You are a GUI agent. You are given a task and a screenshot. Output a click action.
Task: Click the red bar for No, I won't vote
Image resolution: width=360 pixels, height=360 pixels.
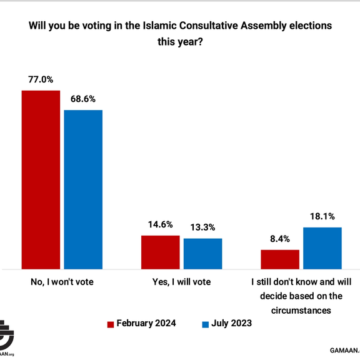click(41, 179)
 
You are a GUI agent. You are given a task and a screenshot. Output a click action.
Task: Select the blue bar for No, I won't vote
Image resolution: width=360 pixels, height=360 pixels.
click(83, 189)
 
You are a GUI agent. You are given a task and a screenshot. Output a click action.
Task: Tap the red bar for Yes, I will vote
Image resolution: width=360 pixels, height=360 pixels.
click(160, 252)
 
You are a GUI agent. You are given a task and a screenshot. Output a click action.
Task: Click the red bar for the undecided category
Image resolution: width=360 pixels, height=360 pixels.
click(280, 259)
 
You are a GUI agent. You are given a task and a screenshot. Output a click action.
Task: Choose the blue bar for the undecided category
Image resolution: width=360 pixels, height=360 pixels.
click(322, 247)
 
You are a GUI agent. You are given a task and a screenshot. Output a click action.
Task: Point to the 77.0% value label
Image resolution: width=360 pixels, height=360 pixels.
click(41, 79)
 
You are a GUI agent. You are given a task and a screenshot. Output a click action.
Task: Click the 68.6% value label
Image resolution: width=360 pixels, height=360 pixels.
click(82, 99)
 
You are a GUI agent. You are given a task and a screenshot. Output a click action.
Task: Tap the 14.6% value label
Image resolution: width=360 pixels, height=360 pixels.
click(160, 225)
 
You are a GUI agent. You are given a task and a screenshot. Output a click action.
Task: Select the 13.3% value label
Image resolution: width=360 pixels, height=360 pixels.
click(202, 227)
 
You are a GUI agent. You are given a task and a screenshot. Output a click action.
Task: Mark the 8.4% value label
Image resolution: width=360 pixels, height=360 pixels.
click(280, 239)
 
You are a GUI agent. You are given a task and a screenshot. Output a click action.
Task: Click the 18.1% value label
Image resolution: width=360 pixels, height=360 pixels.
click(322, 216)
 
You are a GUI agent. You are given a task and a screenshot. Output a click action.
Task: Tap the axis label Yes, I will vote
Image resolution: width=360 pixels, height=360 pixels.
click(181, 282)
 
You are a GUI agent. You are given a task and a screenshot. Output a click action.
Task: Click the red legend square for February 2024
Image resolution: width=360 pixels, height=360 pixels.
click(111, 324)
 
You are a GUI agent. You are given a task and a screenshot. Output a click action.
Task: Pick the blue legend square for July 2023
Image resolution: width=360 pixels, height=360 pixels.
click(205, 324)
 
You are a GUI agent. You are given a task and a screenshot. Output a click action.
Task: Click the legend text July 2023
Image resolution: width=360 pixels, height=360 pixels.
click(232, 323)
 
